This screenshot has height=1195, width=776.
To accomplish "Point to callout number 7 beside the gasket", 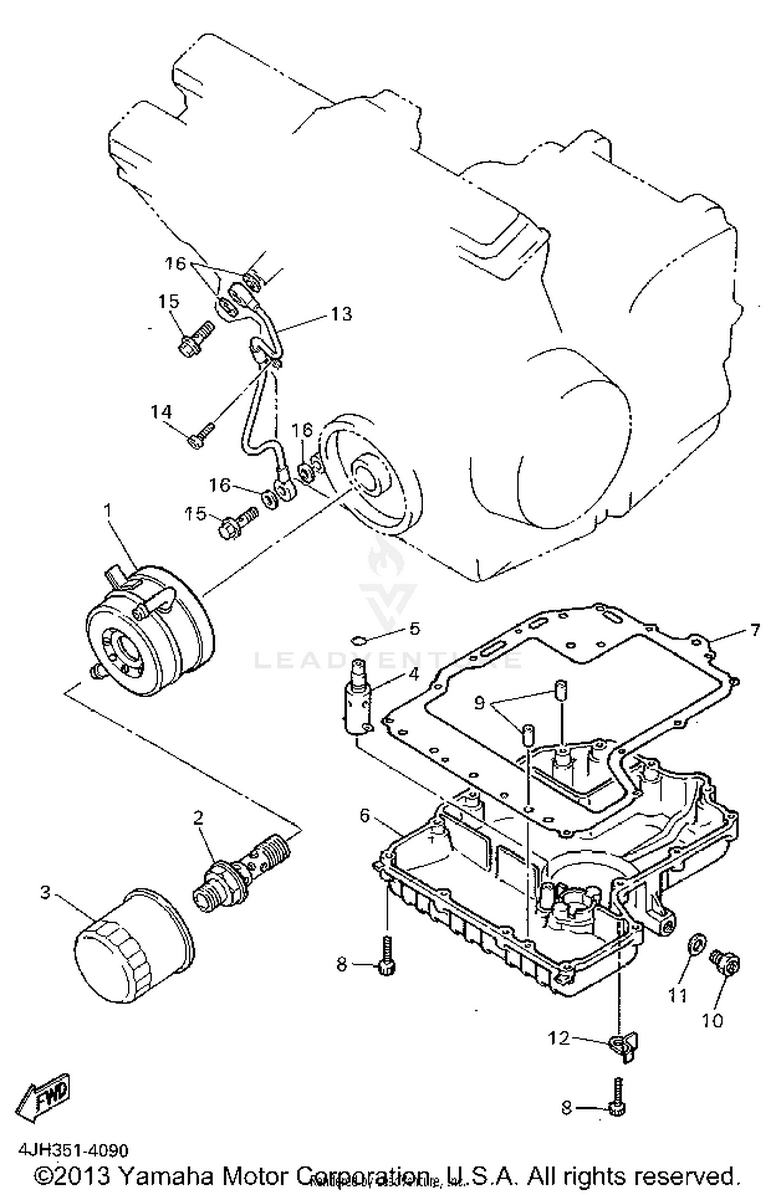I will [755, 630].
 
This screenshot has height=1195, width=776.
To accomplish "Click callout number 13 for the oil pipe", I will [341, 314].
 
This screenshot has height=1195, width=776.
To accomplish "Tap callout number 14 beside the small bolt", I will [161, 412].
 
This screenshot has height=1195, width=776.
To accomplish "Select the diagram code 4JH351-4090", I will [73, 1151].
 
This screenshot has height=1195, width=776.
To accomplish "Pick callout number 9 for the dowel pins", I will [480, 704].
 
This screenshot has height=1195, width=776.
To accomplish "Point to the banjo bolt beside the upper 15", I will [196, 339].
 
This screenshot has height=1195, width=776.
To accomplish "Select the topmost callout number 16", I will [175, 264].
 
